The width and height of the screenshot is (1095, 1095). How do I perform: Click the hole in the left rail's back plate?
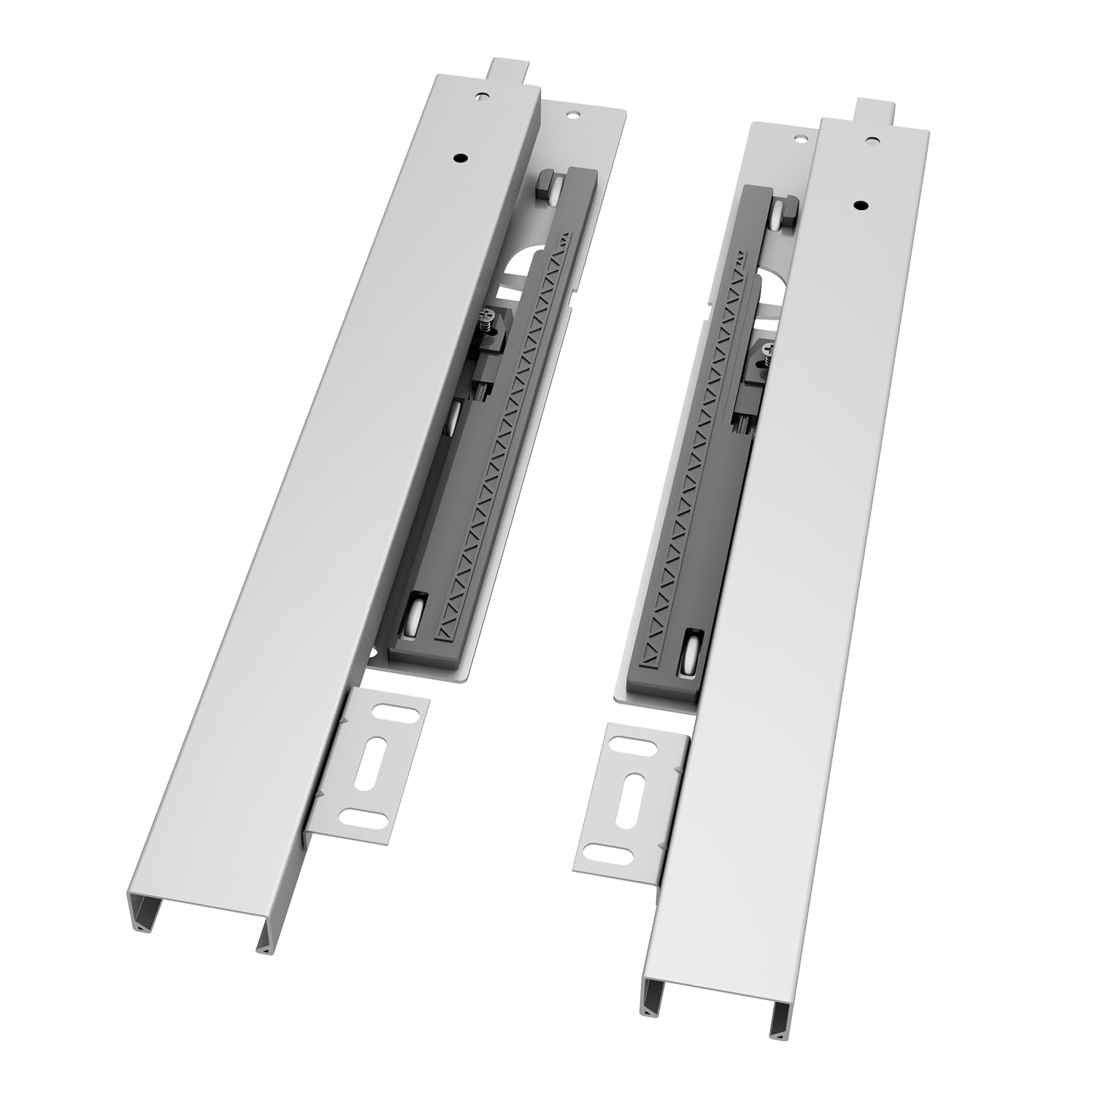[572, 115]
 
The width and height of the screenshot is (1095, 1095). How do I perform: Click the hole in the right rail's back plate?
[799, 138]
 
